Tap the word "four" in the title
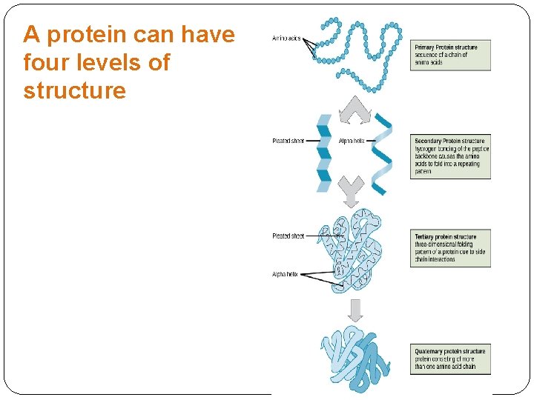[x=43, y=63]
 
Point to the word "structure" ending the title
[x=74, y=91]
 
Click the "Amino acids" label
[x=286, y=38]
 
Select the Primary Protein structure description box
[x=450, y=56]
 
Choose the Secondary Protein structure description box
[x=450, y=156]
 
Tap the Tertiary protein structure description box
[x=450, y=248]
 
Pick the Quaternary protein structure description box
[x=450, y=359]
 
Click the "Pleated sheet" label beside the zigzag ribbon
[x=288, y=141]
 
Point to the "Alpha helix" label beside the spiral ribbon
[x=352, y=141]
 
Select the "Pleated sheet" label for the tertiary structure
[x=288, y=236]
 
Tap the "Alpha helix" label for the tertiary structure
[x=285, y=274]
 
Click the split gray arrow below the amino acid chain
[x=354, y=110]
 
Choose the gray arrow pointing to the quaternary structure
[x=355, y=310]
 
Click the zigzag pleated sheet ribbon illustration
[x=324, y=154]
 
